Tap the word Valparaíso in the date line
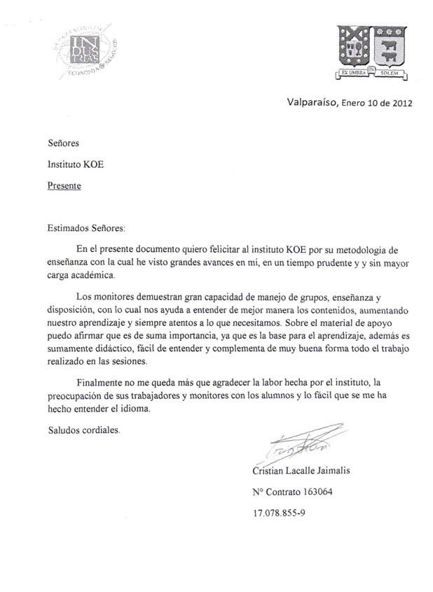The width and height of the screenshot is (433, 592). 312,103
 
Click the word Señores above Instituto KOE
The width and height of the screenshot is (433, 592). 63,143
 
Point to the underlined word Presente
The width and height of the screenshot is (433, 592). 64,185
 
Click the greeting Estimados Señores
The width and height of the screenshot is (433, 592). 84,227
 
